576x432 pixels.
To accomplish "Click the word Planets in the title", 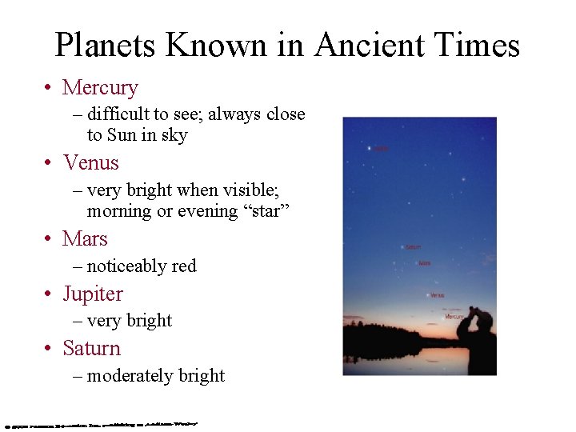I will click(105, 45).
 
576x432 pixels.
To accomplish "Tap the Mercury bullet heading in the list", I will click(100, 87).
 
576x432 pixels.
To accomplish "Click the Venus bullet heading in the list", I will click(90, 162).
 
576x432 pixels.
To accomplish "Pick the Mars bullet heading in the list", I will click(85, 238).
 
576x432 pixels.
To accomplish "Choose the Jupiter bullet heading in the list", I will click(93, 294).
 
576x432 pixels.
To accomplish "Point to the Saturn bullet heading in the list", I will click(91, 348).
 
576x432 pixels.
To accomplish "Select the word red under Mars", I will click(182, 266).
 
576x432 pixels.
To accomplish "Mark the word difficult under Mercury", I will click(118, 114).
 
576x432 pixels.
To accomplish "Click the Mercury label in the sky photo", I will click(454, 317).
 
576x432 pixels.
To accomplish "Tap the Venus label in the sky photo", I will click(438, 295).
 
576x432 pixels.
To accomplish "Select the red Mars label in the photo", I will click(425, 263).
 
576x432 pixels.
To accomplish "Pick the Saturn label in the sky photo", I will click(413, 247).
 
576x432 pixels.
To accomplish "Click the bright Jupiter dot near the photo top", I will click(369, 148).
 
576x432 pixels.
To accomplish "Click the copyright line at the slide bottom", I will click(100, 422).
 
